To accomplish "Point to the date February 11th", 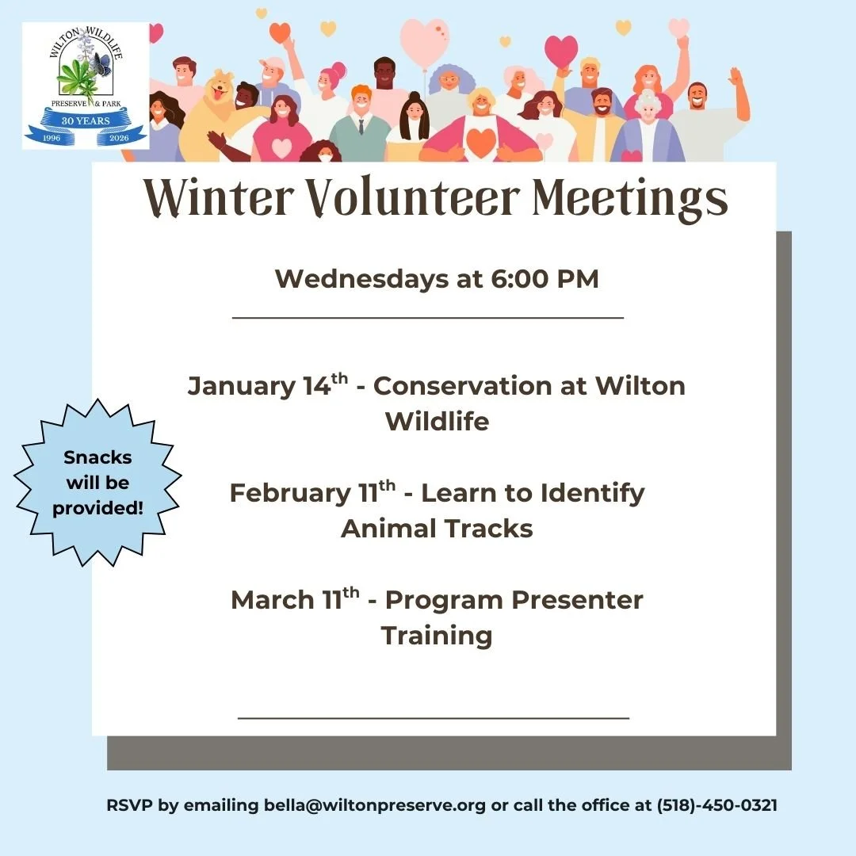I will click(312, 493).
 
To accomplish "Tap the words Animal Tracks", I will click(437, 528).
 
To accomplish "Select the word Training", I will click(437, 636).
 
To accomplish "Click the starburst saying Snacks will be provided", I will click(97, 482).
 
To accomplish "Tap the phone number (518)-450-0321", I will click(717, 805).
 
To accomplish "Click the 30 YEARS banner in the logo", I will click(85, 120).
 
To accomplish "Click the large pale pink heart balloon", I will click(425, 41).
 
